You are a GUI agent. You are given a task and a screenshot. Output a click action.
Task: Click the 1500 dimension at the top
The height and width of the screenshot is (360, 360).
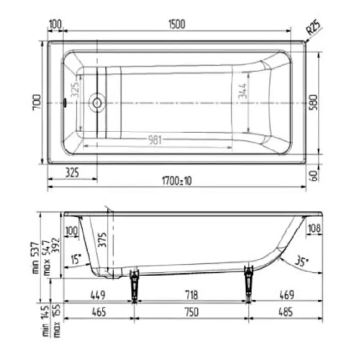[x=177, y=24]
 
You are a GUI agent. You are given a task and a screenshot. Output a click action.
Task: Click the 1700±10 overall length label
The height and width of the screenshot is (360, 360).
[x=176, y=180]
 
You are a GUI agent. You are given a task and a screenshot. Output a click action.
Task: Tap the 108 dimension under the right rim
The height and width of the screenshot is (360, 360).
[x=314, y=229]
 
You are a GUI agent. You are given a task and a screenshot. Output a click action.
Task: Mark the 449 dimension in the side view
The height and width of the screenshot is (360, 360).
[x=98, y=295]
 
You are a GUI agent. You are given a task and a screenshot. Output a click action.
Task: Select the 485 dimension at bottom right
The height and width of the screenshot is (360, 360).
[x=285, y=312]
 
